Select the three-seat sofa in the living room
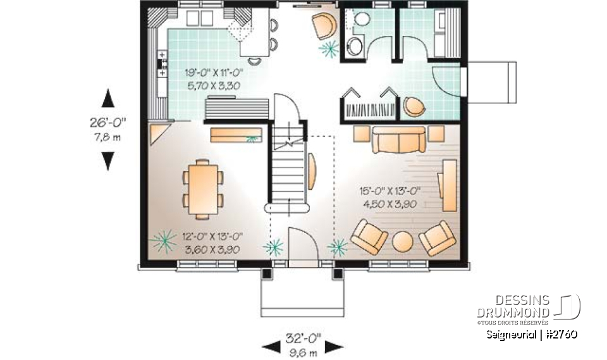coord(398,140)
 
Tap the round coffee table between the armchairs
coord(403,242)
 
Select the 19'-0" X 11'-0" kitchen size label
coord(214,73)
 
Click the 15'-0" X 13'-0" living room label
coord(390,190)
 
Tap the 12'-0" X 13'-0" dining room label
coord(211,237)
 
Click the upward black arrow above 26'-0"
coord(108,99)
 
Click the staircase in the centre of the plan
coord(288,171)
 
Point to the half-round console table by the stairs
coord(312,170)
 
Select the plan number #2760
coord(560,333)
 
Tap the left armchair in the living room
coord(369,237)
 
